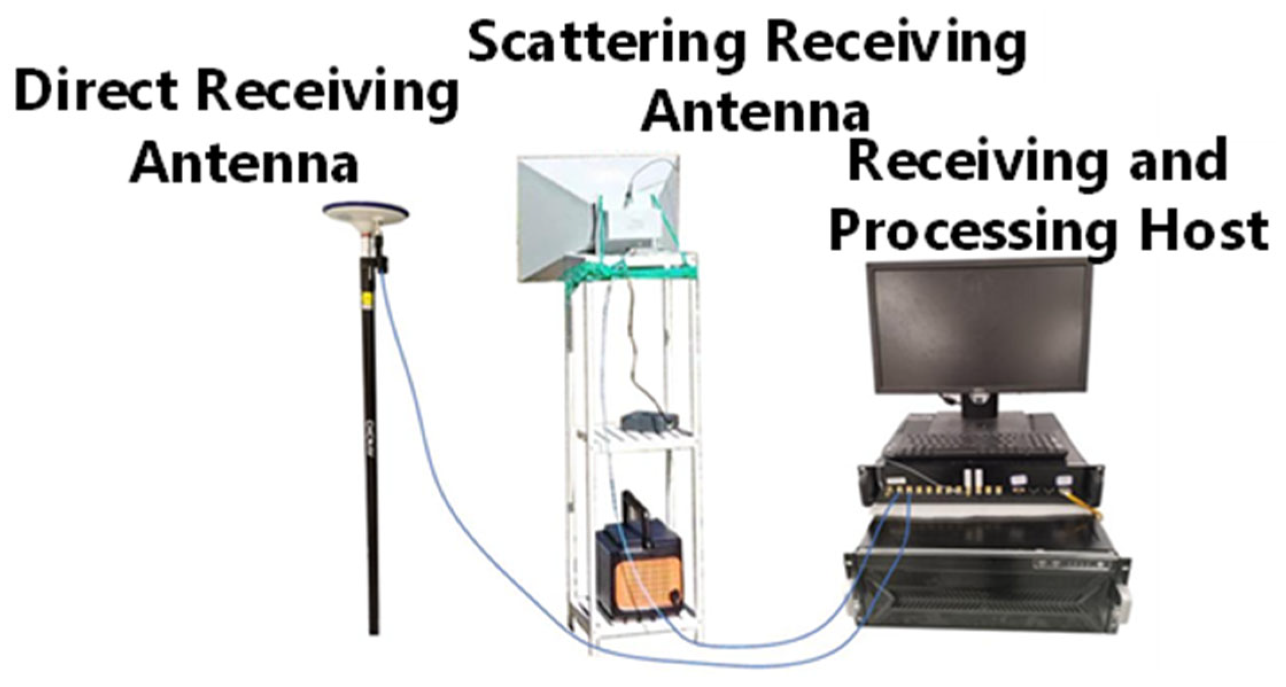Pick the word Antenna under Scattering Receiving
(x=755, y=112)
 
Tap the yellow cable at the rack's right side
(x=1085, y=505)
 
